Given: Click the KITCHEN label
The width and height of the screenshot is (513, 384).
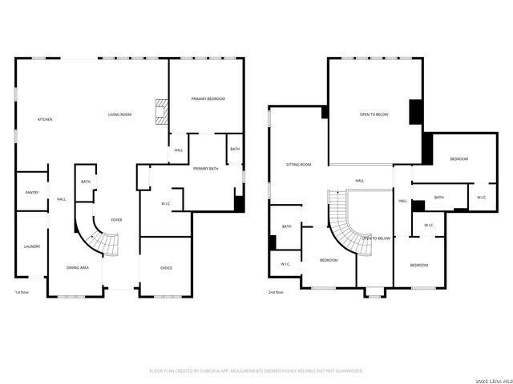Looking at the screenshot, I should [x=45, y=119].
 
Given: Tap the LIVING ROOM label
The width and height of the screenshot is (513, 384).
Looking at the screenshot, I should [x=119, y=115].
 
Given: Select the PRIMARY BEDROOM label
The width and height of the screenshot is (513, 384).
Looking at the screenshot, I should [x=208, y=98].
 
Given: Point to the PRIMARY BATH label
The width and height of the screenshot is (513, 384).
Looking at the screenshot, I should [x=206, y=169].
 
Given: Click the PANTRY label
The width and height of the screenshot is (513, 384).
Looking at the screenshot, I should [x=32, y=192].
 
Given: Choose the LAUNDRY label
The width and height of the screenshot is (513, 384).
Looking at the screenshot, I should [x=32, y=246].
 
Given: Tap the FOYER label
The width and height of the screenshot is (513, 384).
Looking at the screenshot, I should [x=117, y=219].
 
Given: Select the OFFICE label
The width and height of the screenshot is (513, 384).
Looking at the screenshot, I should [x=166, y=268].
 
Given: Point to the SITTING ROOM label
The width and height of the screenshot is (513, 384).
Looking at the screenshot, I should [x=298, y=164].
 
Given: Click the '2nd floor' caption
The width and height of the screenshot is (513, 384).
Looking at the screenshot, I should [x=276, y=292].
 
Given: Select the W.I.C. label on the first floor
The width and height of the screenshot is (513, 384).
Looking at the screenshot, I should [x=166, y=203].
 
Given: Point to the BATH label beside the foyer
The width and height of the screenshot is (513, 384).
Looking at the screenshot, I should [x=86, y=182].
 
